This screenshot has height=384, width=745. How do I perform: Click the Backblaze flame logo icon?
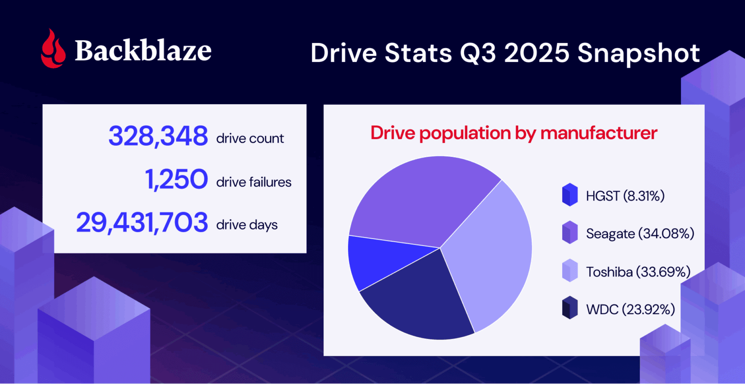tap(53, 48)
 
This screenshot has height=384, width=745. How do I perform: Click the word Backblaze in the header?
tap(143, 50)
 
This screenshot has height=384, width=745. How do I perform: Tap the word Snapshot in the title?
tap(639, 53)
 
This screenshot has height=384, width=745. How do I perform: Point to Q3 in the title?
tap(478, 53)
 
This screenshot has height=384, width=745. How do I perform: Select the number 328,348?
tap(158, 136)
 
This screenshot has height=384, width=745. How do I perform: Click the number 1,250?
tap(177, 180)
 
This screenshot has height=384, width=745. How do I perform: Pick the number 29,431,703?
tap(142, 223)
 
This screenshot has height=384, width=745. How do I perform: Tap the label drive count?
tap(250, 138)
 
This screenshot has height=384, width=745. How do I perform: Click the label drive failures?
tap(254, 182)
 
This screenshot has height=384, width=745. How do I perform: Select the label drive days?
tap(247, 225)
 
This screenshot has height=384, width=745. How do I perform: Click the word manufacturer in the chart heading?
tap(599, 133)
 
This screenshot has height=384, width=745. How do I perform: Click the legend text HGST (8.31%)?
tap(625, 196)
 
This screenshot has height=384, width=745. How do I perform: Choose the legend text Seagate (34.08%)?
tap(640, 233)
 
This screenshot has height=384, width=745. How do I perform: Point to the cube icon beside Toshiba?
tap(570, 271)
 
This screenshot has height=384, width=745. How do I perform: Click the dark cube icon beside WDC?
tap(570, 308)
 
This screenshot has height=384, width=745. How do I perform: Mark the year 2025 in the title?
tap(536, 53)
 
